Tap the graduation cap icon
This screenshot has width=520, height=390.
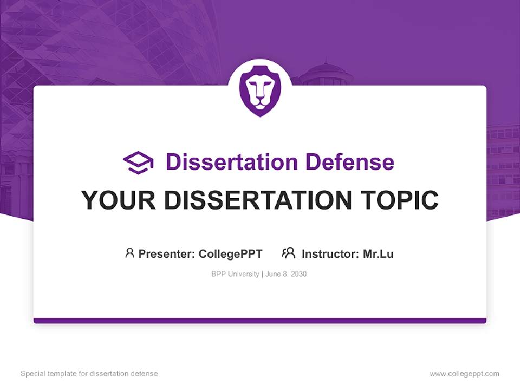pyautogui.click(x=138, y=162)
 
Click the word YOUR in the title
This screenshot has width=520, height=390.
pyautogui.click(x=112, y=200)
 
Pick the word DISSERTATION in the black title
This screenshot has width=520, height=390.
pyautogui.click(x=254, y=200)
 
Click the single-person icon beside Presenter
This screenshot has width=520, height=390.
pyautogui.click(x=129, y=253)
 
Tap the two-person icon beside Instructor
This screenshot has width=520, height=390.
pyautogui.click(x=288, y=253)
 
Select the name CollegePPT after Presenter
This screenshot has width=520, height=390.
pyautogui.click(x=231, y=254)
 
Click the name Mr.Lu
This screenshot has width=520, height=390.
pyautogui.click(x=378, y=254)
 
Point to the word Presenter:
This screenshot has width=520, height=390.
pyautogui.click(x=167, y=254)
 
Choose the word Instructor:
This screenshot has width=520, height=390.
pyautogui.click(x=330, y=254)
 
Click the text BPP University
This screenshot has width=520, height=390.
pyautogui.click(x=235, y=274)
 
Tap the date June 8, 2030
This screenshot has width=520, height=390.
pyautogui.click(x=286, y=274)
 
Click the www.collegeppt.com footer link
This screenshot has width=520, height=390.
pyautogui.click(x=464, y=374)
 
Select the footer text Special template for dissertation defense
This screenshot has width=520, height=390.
pyautogui.click(x=89, y=374)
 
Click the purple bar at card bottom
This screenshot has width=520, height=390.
pyautogui.click(x=260, y=321)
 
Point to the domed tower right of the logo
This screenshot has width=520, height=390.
pyautogui.click(x=326, y=74)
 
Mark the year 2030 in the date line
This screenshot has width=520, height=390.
pyautogui.click(x=298, y=274)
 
